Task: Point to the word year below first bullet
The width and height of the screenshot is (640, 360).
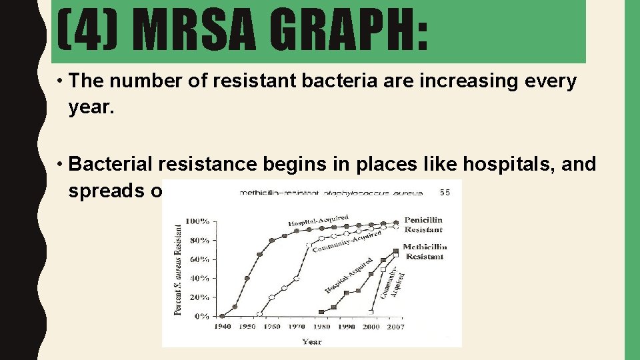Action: pos(91,107)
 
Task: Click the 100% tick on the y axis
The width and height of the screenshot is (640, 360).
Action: pos(197,221)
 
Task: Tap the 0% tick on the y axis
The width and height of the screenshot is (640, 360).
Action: pos(202,317)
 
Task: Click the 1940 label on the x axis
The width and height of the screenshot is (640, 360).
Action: pos(223,327)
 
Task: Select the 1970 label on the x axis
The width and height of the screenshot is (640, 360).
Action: pos(297,327)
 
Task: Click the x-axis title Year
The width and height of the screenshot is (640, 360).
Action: pos(311,341)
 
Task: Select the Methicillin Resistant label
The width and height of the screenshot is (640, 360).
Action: pos(425,251)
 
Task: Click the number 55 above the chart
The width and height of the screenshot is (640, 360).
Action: pos(445,193)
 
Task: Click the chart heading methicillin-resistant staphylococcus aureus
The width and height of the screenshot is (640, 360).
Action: pos(331,193)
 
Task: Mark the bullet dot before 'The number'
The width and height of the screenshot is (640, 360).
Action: pos(60,82)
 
